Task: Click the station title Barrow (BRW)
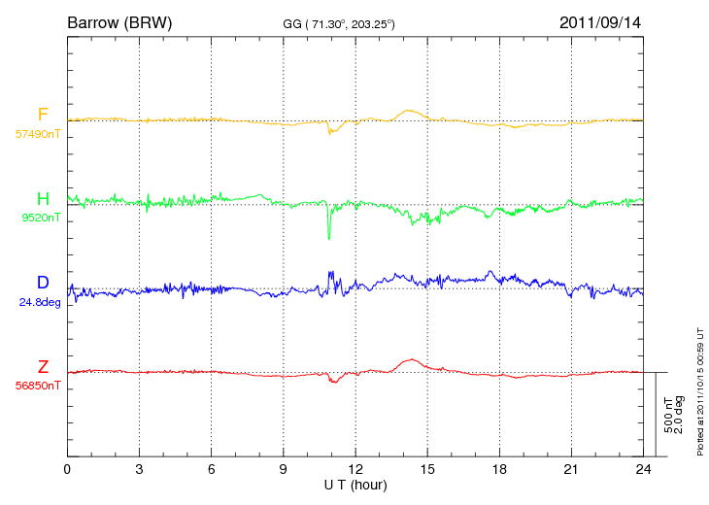click(x=119, y=22)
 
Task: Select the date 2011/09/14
click(x=600, y=22)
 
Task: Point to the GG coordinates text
click(x=339, y=24)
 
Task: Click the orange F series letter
click(x=43, y=114)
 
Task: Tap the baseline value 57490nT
click(x=38, y=134)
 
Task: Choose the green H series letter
click(x=43, y=198)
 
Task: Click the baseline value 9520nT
click(x=41, y=218)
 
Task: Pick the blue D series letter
click(x=43, y=282)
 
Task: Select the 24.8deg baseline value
click(x=40, y=302)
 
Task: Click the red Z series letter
click(x=43, y=366)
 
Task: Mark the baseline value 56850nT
click(x=38, y=386)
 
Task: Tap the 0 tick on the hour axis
click(x=67, y=469)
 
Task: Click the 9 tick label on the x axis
click(x=283, y=469)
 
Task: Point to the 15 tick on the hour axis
click(x=427, y=469)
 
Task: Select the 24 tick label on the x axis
click(x=643, y=469)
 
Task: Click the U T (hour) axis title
click(x=355, y=486)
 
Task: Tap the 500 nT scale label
click(x=668, y=415)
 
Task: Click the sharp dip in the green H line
click(x=328, y=238)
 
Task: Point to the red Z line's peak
click(x=412, y=359)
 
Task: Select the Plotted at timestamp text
click(x=700, y=391)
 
